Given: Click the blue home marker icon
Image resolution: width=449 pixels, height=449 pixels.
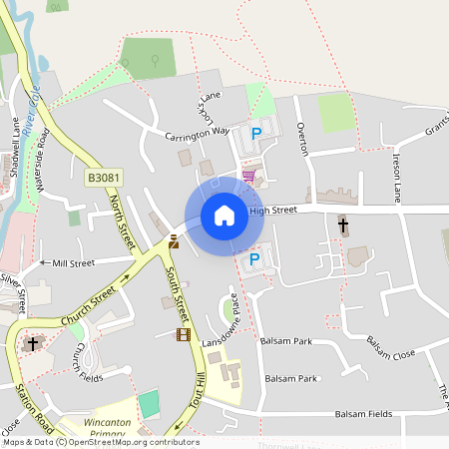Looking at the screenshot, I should point(224,215).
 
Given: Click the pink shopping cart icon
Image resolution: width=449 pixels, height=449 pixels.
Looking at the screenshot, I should point(247,176).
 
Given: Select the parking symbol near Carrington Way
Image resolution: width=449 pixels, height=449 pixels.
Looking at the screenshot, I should point(255,133).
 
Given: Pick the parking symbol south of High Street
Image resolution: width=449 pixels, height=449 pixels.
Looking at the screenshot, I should point(253,259).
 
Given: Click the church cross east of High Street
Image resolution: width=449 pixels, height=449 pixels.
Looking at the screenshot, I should point(343,225).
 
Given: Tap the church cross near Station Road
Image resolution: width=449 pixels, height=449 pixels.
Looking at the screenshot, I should point(32,344).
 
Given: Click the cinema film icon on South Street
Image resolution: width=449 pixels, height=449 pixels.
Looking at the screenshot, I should point(182,334).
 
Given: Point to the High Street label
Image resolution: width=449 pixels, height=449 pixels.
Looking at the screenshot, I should point(273,211).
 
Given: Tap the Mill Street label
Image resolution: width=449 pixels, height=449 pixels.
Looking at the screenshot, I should point(73,263).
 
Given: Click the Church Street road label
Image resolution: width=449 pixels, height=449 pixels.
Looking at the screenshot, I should point(89,310).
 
